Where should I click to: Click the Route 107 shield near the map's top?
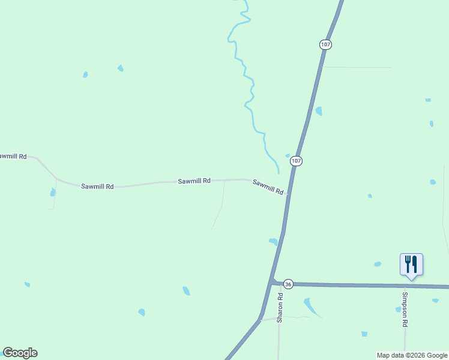pos(325,44)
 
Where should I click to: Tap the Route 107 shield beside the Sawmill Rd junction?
pos(296,161)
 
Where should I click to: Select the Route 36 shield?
pos(289,284)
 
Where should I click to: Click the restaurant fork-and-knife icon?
pos(411,264)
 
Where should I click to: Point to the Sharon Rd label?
pos(280,308)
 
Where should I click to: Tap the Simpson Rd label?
pos(405,309)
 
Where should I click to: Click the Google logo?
pos(20,353)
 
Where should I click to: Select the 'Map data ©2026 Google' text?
pos(412,355)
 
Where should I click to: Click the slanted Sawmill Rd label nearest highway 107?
pos(268,187)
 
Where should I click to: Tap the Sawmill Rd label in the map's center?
pos(194,181)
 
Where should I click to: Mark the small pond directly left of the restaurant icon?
pos(378,264)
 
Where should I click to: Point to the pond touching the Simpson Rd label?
pos(398,310)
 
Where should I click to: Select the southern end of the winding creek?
pos(278,172)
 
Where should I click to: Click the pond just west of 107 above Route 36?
pos(274,241)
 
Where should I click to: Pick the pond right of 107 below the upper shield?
pos(319,111)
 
